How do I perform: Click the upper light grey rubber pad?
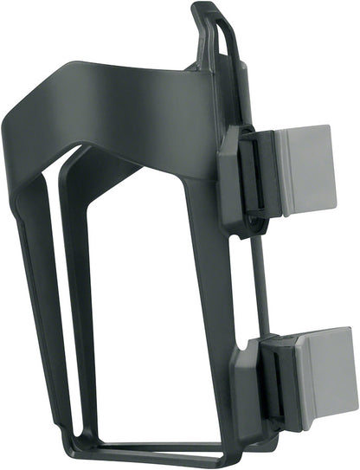point(305,170)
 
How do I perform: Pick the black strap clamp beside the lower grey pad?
point(279,381)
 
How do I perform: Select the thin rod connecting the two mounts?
point(252,277)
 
